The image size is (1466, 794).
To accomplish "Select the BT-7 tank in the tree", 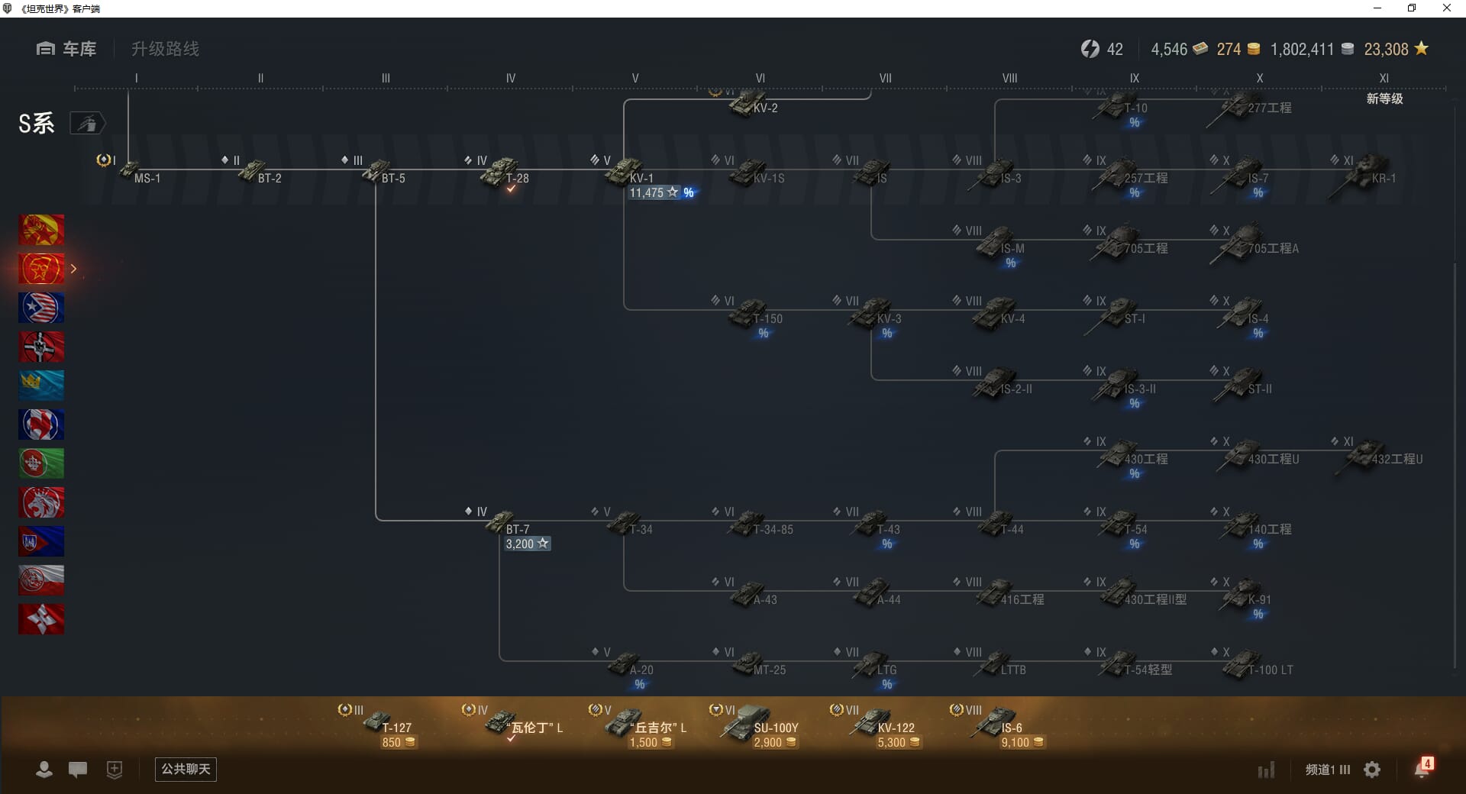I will tap(504, 524).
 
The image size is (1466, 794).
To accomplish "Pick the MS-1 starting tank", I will tap(133, 172).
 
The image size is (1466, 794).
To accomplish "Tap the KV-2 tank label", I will tap(764, 108).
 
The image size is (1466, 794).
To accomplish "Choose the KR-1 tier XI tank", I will tap(1371, 172).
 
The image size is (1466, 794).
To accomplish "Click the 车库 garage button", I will tap(66, 49).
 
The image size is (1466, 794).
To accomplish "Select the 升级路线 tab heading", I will tap(165, 49).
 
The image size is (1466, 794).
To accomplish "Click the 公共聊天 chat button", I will tap(186, 769).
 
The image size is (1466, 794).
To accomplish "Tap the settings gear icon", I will tap(1372, 770).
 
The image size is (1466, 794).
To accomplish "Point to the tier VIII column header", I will tap(1009, 78).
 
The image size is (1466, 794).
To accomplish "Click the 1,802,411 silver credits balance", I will tap(1302, 50).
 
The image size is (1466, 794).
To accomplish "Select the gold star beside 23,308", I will tap(1421, 49).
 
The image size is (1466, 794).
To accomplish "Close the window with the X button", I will tap(1446, 8).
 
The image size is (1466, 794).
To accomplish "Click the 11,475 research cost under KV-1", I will tap(647, 192).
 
